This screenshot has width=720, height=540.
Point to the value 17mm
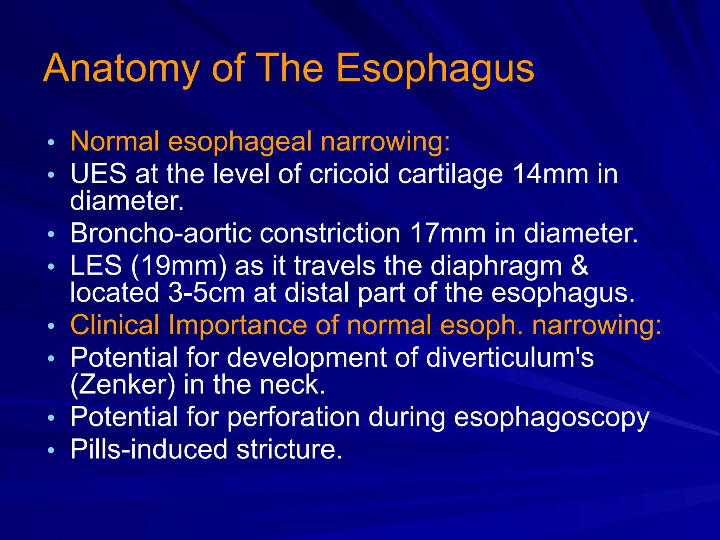point(448,233)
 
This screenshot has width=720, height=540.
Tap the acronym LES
point(96,266)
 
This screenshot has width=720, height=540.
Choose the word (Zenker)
point(123,385)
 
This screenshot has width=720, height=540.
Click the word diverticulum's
point(509,358)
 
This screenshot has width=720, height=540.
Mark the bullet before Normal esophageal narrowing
point(51,142)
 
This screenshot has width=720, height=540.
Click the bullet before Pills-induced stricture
point(51,450)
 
